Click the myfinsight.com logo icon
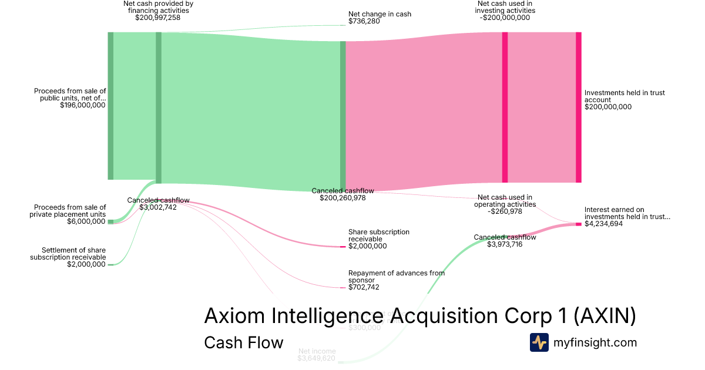click(539, 342)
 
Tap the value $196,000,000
click(82, 106)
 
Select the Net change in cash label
click(380, 14)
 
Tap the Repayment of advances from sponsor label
click(396, 277)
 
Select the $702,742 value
click(364, 287)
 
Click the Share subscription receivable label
click(378, 236)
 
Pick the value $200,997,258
click(157, 18)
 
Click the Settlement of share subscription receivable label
click(69, 254)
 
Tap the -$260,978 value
click(505, 211)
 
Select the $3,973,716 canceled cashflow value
click(505, 244)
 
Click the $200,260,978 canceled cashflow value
click(343, 198)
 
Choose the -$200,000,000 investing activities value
click(505, 18)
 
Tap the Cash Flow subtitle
click(243, 342)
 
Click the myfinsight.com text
click(595, 342)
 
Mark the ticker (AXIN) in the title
click(605, 316)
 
